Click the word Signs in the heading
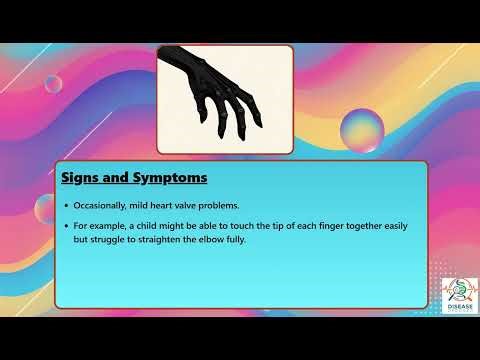(84, 179)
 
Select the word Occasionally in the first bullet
(102, 204)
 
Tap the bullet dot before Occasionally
(66, 204)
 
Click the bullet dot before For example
(66, 226)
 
